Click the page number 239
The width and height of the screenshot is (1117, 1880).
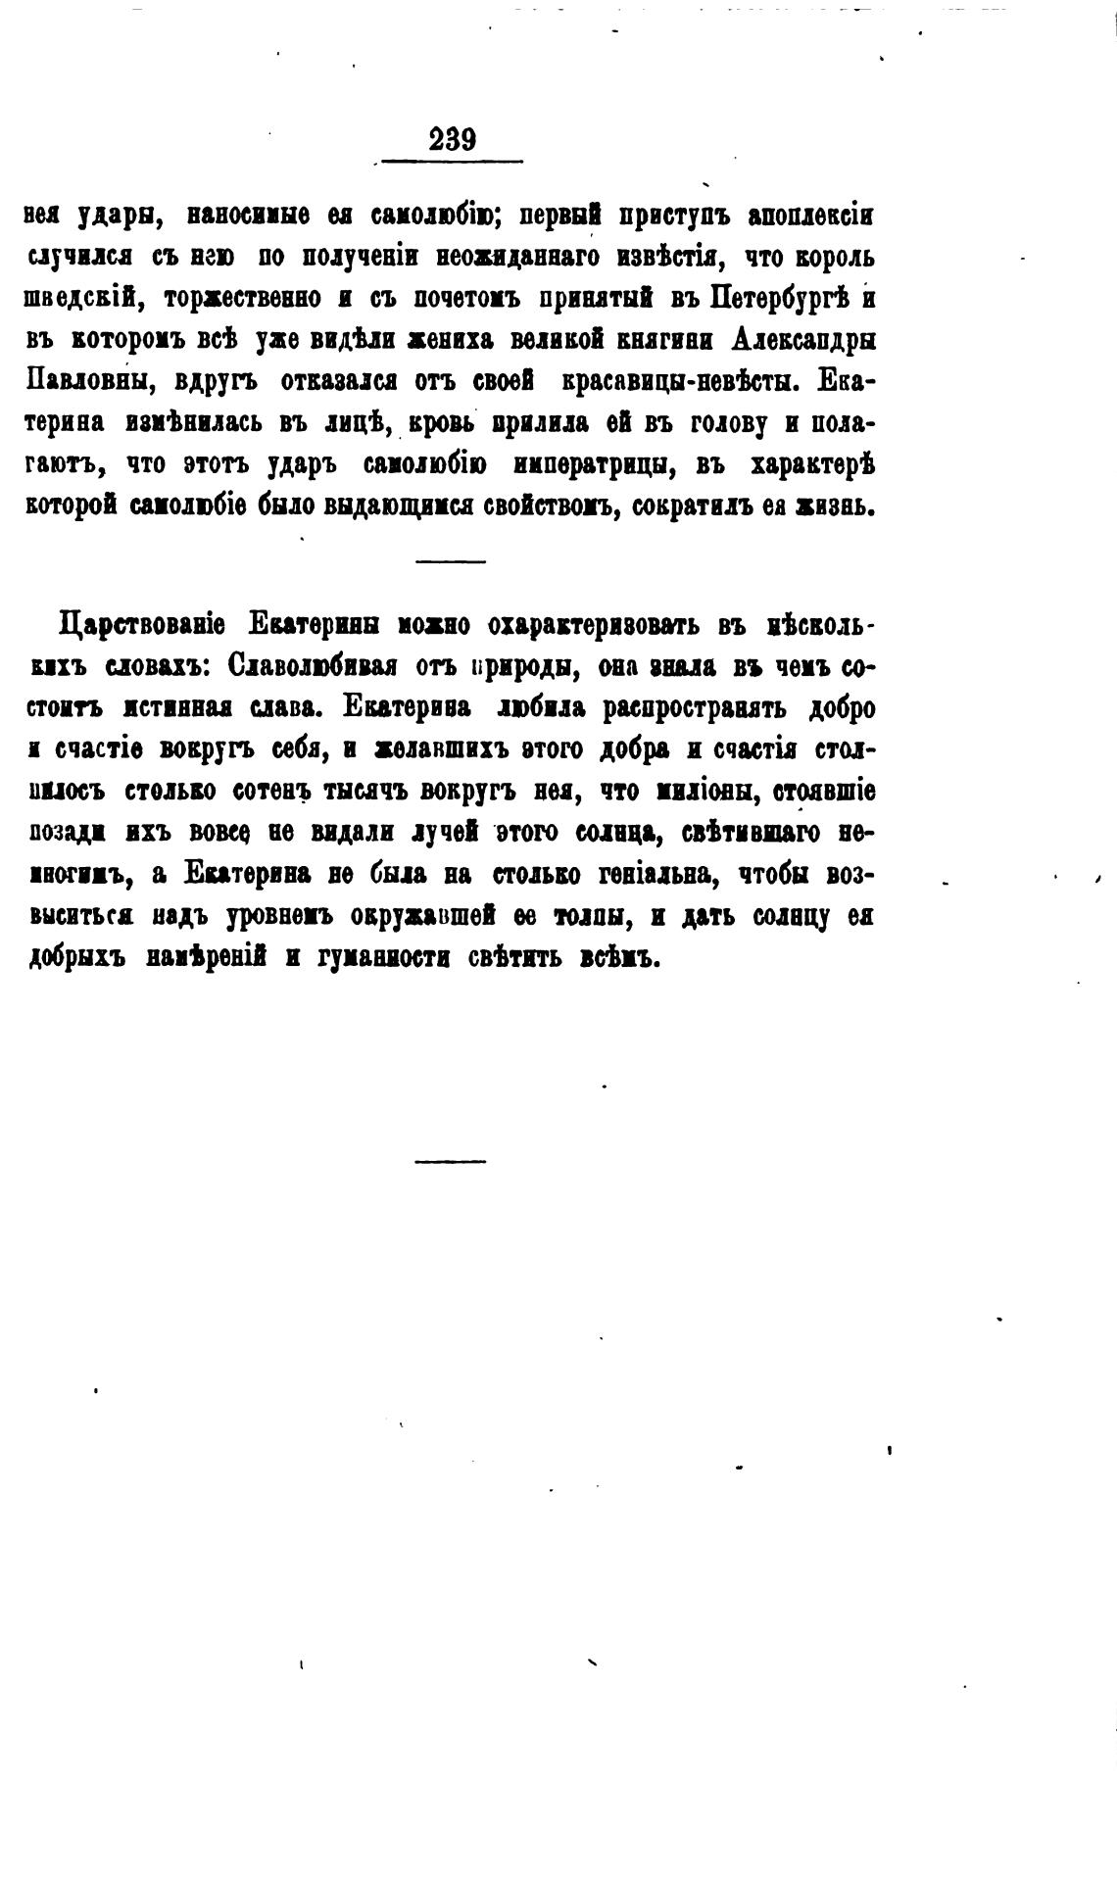[x=452, y=140]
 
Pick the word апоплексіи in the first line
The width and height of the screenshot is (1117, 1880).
[x=809, y=216]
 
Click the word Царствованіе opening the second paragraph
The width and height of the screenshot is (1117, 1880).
[x=143, y=625]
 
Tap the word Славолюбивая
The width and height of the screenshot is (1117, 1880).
[x=312, y=666]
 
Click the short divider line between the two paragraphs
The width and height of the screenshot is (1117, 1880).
[x=450, y=561]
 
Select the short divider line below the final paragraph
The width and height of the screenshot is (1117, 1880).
[x=450, y=1162]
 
